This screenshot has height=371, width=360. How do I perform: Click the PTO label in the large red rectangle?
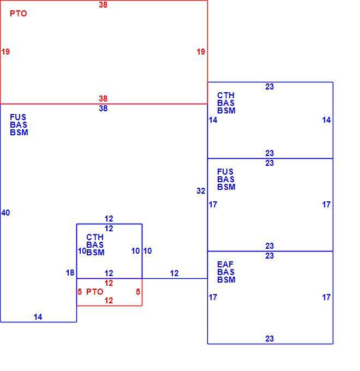pyautogui.click(x=18, y=14)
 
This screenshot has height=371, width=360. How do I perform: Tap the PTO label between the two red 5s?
pyautogui.click(x=94, y=292)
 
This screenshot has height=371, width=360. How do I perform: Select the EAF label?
pyautogui.click(x=225, y=264)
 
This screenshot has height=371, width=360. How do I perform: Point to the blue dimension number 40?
pyautogui.click(x=5, y=213)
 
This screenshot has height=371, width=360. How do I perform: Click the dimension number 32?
pyautogui.click(x=201, y=191)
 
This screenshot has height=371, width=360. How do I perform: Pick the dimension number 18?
pyautogui.click(x=70, y=273)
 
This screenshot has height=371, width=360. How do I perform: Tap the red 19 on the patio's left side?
pyautogui.click(x=5, y=52)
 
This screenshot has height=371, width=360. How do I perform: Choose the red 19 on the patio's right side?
pyautogui.click(x=201, y=52)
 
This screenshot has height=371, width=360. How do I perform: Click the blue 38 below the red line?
pyautogui.click(x=103, y=109)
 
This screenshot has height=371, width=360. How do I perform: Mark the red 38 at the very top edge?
pyautogui.click(x=103, y=5)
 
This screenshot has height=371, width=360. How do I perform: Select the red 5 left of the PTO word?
pyautogui.click(x=80, y=292)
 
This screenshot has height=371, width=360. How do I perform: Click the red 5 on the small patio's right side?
pyautogui.click(x=138, y=292)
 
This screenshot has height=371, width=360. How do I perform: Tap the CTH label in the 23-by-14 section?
pyautogui.click(x=226, y=95)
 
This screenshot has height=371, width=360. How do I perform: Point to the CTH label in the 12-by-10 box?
pyautogui.click(x=95, y=237)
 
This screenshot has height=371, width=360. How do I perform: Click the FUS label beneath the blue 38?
pyautogui.click(x=18, y=117)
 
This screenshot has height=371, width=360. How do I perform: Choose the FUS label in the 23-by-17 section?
pyautogui.click(x=225, y=171)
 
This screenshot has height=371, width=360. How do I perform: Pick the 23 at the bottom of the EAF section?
pyautogui.click(x=269, y=339)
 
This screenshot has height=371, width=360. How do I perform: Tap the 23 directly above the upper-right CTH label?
pyautogui.click(x=269, y=87)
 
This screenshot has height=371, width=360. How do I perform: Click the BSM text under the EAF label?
pyautogui.click(x=226, y=280)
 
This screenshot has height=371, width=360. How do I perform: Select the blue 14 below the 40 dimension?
pyautogui.click(x=38, y=317)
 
